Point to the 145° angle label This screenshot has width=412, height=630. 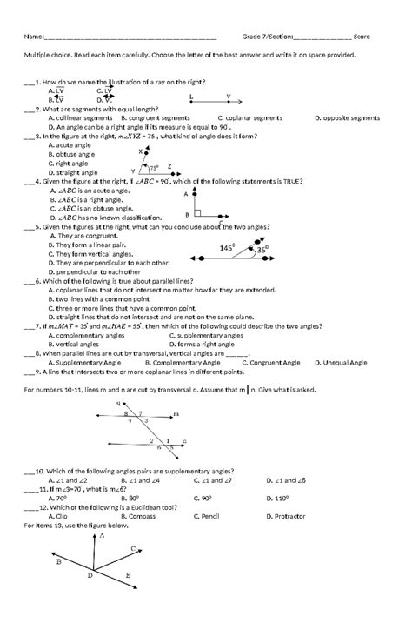tap(228, 248)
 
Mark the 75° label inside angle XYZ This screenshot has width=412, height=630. tap(155, 167)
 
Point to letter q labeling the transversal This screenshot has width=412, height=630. tap(117, 404)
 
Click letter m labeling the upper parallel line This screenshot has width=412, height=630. tap(176, 414)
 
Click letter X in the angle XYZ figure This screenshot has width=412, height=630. tap(139, 151)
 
